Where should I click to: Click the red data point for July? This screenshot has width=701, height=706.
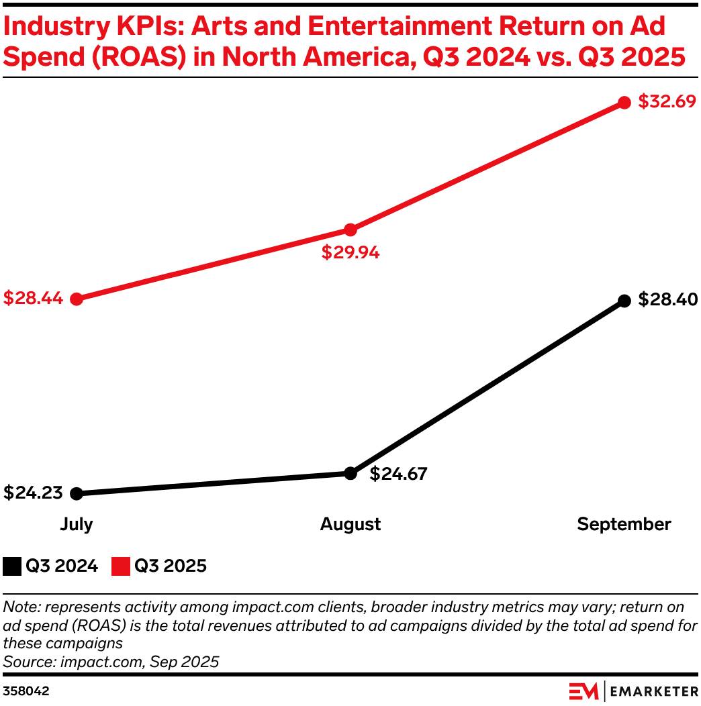tap(77, 299)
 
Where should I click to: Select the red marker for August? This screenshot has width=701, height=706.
tap(350, 230)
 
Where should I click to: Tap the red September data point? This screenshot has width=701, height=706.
tap(624, 103)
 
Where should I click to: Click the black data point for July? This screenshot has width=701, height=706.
tap(77, 493)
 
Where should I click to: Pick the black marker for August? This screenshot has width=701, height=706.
tap(350, 473)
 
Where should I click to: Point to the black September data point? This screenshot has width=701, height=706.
tap(624, 301)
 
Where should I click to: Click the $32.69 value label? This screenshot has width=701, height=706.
tap(666, 102)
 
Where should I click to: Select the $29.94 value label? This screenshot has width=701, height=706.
tap(350, 253)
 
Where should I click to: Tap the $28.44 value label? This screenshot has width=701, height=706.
tap(33, 298)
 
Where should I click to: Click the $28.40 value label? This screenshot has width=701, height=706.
tap(666, 299)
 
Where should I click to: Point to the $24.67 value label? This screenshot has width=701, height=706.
tap(398, 474)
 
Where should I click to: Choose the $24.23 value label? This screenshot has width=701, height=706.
tap(33, 493)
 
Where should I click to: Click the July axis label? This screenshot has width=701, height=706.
tap(77, 524)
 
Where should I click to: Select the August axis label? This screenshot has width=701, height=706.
tap(350, 524)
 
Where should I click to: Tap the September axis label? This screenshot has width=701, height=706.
tap(624, 524)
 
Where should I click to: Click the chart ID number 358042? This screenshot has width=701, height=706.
tap(26, 690)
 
